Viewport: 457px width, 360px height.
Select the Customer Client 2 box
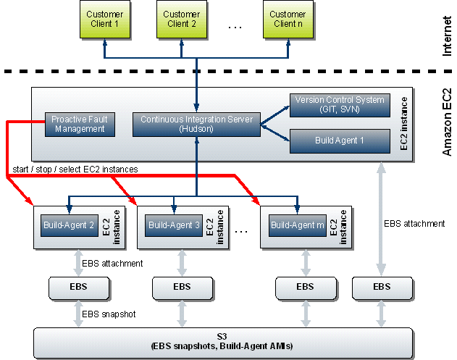click(x=181, y=20)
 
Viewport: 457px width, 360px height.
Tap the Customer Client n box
click(x=288, y=20)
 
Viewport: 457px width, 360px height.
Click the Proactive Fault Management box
click(x=79, y=124)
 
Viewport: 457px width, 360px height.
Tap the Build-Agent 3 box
click(x=174, y=225)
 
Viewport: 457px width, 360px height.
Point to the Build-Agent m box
click(x=298, y=225)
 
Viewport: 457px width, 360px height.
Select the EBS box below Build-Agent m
click(x=305, y=288)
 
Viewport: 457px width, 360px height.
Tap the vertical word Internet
click(x=447, y=35)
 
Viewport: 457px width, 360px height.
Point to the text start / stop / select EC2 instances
click(x=75, y=169)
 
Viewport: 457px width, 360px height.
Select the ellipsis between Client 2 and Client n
click(x=234, y=27)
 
